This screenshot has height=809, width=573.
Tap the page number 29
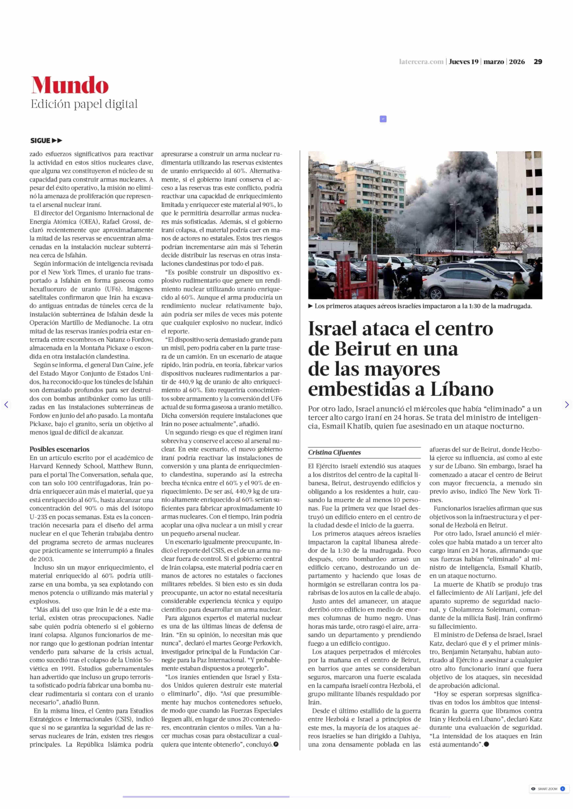[538, 62]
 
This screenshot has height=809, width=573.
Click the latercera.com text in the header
[421, 62]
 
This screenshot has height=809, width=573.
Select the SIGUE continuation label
[46, 141]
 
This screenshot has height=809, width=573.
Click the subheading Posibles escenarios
[59, 449]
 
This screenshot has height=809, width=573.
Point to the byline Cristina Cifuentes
[335, 452]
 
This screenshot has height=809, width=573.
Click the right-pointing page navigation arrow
[567, 405]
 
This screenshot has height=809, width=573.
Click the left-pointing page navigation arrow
[6, 405]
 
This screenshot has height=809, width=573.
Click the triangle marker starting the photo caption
[311, 306]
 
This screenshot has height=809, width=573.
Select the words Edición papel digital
[84, 104]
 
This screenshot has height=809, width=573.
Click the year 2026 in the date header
[517, 62]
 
